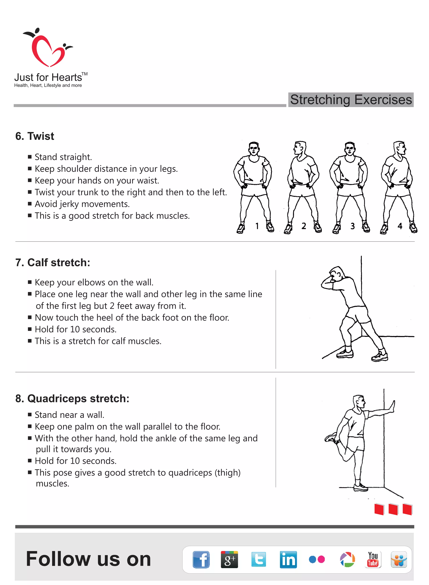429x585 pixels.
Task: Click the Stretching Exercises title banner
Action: coord(351,100)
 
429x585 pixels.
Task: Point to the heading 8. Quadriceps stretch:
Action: coord(72,398)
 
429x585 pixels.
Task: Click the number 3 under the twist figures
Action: coord(352,226)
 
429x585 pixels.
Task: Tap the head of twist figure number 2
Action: coord(299,148)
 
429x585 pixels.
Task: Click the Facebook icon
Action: coord(201,559)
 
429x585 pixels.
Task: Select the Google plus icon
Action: coord(229,559)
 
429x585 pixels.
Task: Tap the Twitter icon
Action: coord(259,559)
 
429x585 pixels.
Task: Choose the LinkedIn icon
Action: coord(288,559)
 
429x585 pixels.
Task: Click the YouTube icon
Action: coord(373,559)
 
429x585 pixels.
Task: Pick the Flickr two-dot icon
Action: coord(317,559)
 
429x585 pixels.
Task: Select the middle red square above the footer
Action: coord(393,509)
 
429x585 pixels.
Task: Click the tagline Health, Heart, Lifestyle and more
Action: coord(48,85)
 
